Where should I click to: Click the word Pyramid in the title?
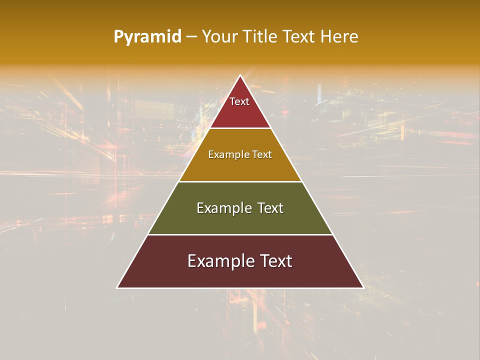pos(147,37)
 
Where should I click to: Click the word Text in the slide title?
pos(299,37)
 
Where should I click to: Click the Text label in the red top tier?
pos(239,101)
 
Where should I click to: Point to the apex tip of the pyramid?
pos(240,76)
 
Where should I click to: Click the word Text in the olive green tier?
pos(270,208)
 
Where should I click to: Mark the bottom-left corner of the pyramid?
pos(117,287)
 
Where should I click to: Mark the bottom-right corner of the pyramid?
pos(363,287)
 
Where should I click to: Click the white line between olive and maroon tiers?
pos(240,234)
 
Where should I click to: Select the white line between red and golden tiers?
pos(240,128)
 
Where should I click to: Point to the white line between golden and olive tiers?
pos(240,181)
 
